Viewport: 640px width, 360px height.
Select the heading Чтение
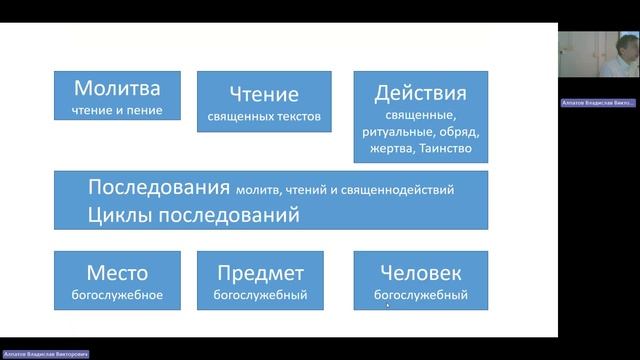point(265,95)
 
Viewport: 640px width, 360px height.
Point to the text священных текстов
point(265,117)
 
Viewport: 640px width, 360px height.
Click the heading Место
point(117,272)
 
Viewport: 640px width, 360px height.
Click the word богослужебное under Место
point(117,295)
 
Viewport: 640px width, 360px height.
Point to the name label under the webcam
point(598,103)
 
